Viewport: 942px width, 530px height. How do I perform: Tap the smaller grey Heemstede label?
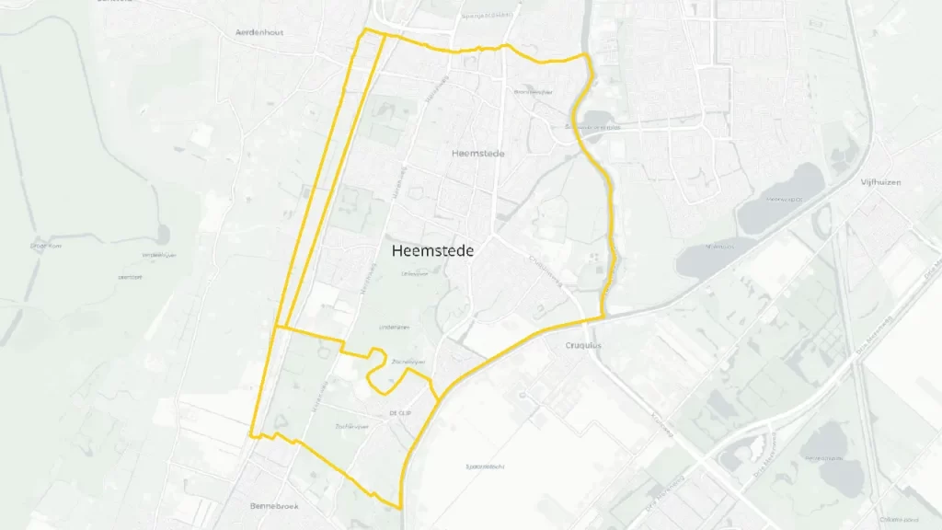tap(478, 154)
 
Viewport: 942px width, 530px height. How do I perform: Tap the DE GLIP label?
tap(399, 412)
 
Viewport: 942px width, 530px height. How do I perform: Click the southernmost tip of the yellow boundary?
tap(402, 507)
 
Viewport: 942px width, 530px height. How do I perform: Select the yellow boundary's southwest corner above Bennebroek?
tap(250, 435)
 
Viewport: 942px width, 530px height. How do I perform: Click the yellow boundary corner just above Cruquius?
tap(604, 317)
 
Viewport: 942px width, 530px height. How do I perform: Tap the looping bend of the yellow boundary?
tap(374, 377)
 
